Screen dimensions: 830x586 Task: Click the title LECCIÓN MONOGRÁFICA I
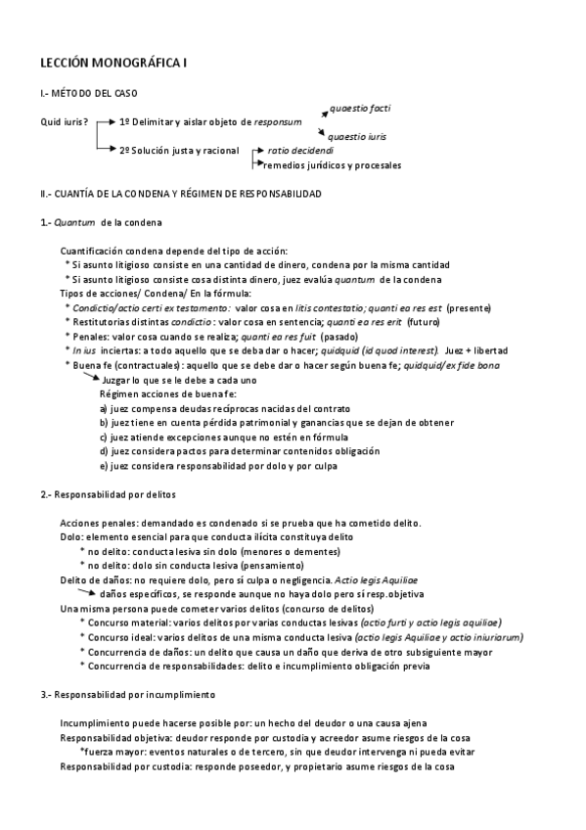coord(113,64)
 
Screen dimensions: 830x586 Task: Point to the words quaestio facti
coord(362,107)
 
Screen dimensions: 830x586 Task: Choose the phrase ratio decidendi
coord(300,152)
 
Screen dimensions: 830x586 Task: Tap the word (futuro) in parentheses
coord(424,322)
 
